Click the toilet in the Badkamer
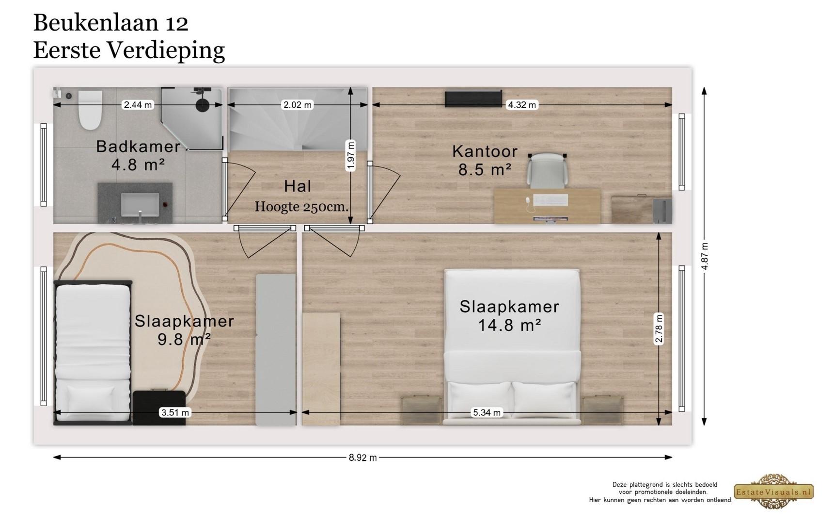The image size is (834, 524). click(90, 110)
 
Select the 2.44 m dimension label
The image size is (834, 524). click(138, 105)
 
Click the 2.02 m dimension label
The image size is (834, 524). click(298, 105)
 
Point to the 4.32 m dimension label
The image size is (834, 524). click(521, 105)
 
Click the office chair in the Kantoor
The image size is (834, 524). click(547, 170)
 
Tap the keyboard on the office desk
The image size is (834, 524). click(551, 200)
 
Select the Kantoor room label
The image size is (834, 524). click(485, 151)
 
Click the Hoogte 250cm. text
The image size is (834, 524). click(301, 207)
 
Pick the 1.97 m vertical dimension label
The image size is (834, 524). click(351, 156)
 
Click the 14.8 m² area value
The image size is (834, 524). click(509, 325)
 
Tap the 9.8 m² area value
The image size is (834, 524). click(184, 339)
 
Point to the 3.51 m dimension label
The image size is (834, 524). click(175, 413)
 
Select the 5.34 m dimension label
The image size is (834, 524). click(487, 413)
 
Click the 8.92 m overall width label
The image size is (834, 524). click(362, 458)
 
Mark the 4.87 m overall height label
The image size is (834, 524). click(705, 256)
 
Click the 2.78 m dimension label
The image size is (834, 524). click(659, 328)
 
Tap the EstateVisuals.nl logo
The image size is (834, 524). click(773, 492)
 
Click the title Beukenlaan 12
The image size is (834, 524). click(110, 23)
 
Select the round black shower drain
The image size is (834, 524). click(203, 105)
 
